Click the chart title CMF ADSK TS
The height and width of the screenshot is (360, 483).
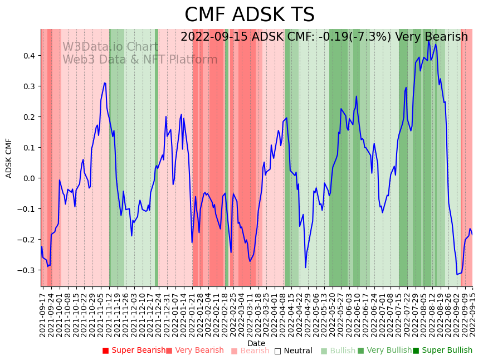pyautogui.click(x=249, y=15)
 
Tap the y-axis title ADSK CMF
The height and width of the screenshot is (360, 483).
pyautogui.click(x=9, y=158)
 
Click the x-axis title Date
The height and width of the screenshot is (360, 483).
pyautogui.click(x=256, y=343)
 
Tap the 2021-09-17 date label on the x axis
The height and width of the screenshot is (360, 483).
pyautogui.click(x=42, y=313)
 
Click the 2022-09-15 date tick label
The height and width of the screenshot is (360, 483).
pyautogui.click(x=472, y=313)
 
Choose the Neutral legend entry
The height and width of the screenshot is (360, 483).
pyautogui.click(x=298, y=351)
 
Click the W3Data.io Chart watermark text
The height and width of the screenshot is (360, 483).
pyautogui.click(x=110, y=47)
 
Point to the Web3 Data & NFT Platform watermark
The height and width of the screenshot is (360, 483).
pyautogui.click(x=140, y=60)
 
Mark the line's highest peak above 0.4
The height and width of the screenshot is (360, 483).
pyautogui.click(x=428, y=41)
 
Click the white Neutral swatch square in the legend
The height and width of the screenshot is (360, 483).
pyautogui.click(x=277, y=351)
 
